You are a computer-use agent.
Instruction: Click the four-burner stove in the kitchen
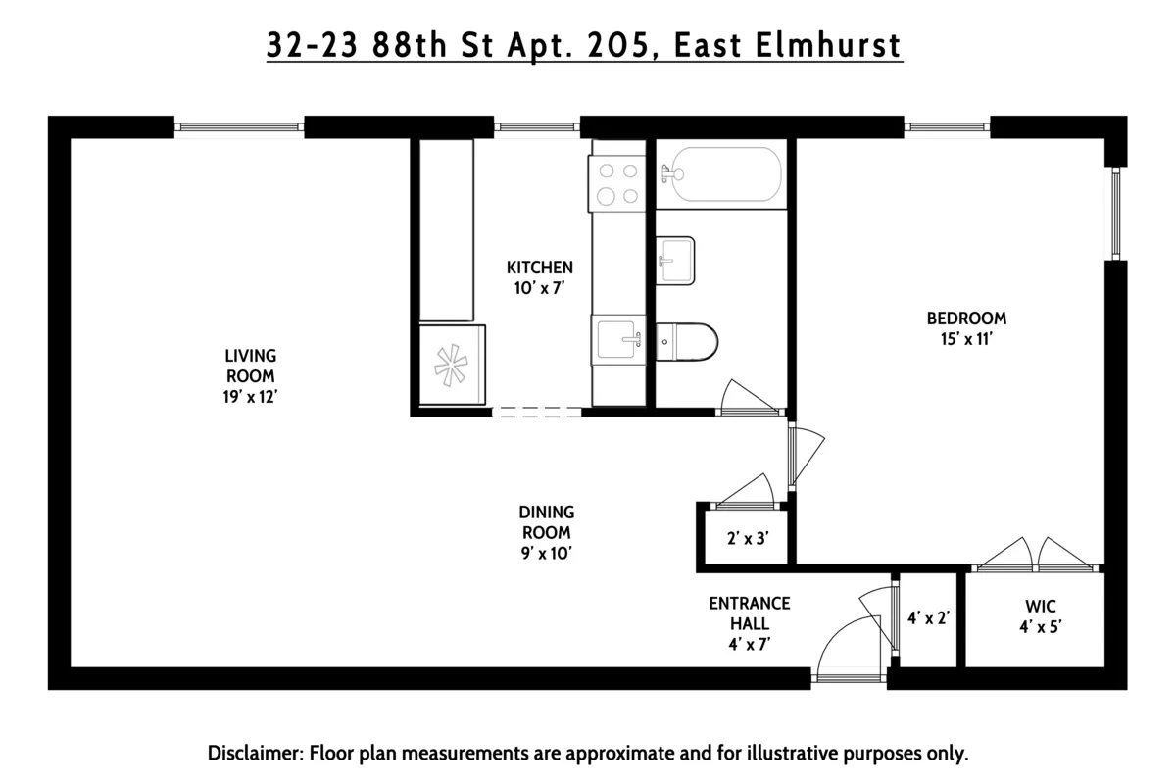click(615, 183)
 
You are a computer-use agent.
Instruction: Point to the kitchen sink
click(617, 340)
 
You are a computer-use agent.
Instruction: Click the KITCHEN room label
click(539, 267)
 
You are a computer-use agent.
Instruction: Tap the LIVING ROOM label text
click(250, 365)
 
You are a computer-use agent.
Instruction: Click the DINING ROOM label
click(546, 521)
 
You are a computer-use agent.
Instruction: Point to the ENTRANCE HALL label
click(750, 612)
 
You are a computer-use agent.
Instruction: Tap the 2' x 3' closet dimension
click(746, 538)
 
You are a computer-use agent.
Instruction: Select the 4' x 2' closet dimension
click(928, 618)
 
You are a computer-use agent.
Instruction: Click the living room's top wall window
click(239, 126)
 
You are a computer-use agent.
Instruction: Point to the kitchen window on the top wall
click(536, 126)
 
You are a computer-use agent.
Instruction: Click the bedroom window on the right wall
click(1115, 214)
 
